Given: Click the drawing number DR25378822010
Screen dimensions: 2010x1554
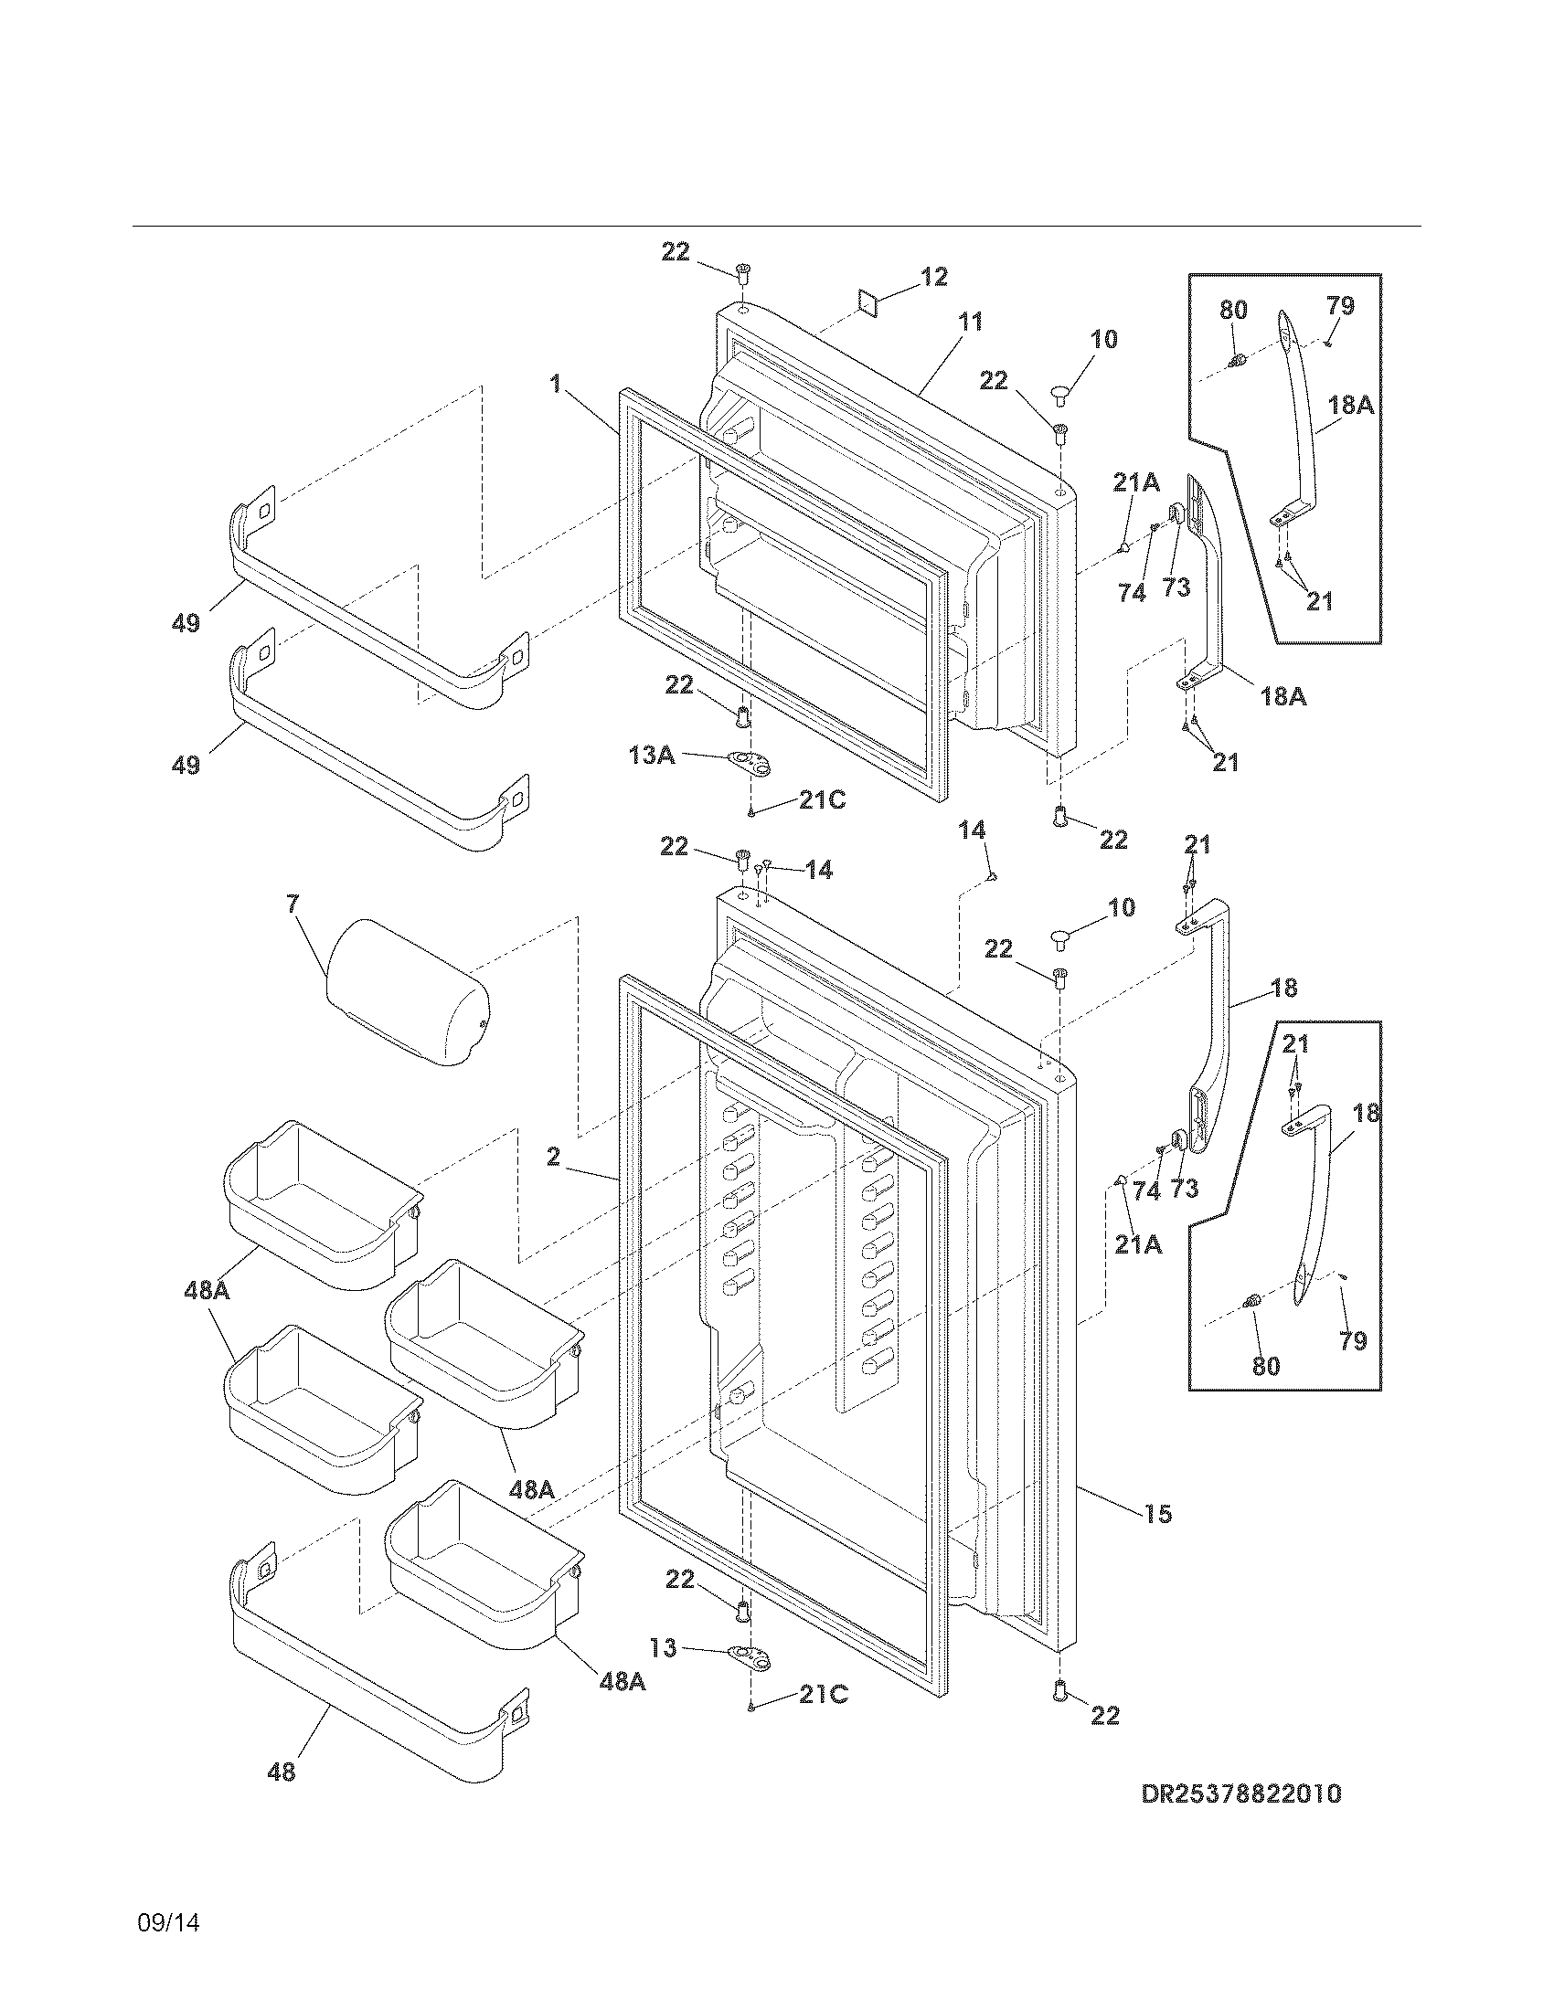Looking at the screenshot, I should coord(1241,1819).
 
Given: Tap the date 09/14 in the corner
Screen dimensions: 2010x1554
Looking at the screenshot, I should coord(168,1922).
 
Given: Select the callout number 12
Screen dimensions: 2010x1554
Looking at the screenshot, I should coord(933,277).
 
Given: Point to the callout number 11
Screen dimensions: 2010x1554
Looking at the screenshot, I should coord(970,323).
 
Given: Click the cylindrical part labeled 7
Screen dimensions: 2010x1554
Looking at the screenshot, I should coord(408,991).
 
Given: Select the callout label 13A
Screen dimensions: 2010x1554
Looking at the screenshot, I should coord(652,755).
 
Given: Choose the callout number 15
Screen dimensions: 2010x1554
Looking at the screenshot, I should coord(1158,1513).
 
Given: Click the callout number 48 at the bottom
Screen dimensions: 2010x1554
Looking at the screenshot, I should coord(282,1771).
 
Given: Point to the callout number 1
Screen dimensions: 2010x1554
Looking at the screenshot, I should coord(555,384).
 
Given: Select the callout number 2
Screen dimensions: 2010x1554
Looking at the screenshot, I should coord(552,1157).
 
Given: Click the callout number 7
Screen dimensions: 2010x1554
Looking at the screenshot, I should coord(292,904).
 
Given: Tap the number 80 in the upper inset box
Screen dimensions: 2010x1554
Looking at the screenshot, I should coord(1234,309).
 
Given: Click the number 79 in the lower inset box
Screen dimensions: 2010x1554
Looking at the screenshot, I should coord(1352,1341).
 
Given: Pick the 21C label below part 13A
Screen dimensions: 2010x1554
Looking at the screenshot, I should coord(822,799).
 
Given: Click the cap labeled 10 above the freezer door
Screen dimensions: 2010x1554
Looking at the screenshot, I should coord(1060,397).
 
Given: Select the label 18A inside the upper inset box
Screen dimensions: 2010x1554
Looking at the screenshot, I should coord(1350,404).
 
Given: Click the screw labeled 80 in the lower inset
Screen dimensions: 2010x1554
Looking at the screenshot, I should coord(1251,1301).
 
